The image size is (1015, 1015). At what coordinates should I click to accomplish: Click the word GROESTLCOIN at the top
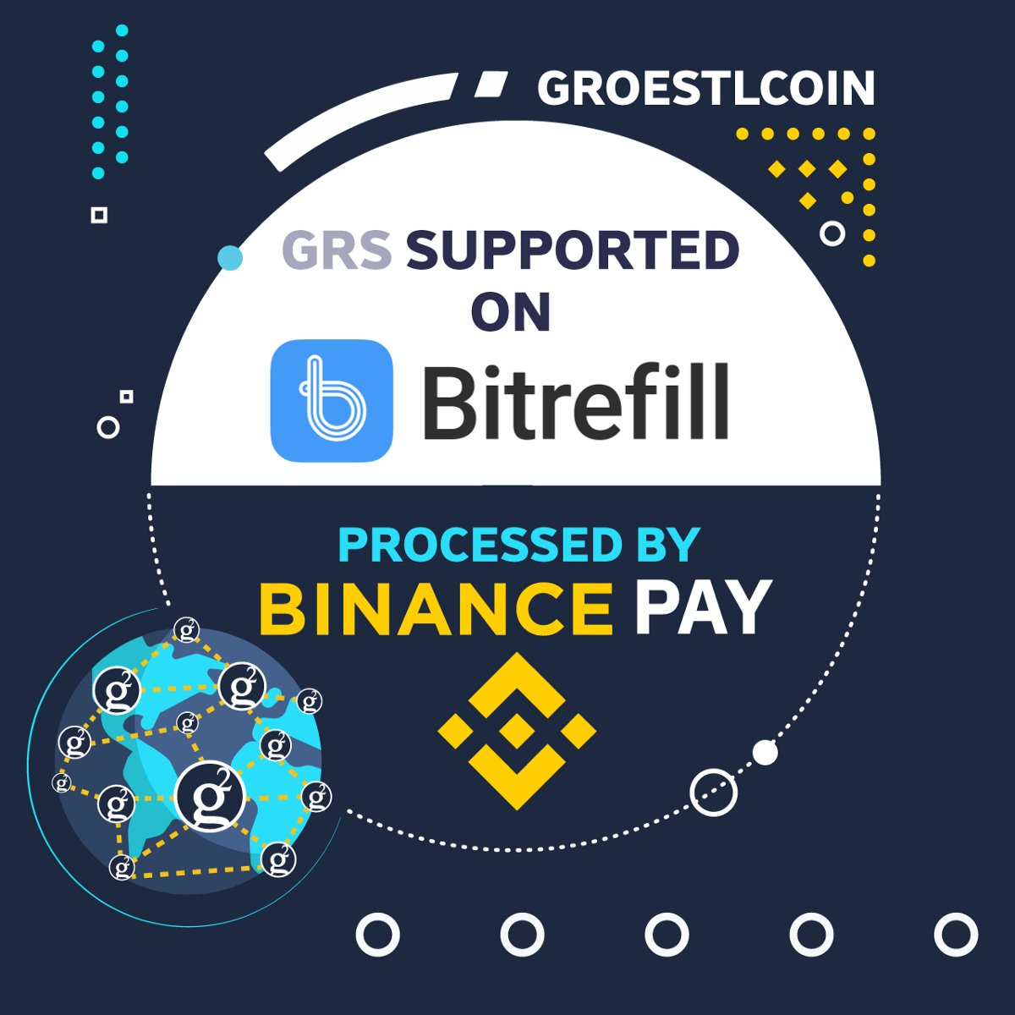(x=705, y=88)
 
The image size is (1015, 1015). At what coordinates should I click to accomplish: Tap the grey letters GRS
(x=336, y=250)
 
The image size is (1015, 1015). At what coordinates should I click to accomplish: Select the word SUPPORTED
(x=572, y=250)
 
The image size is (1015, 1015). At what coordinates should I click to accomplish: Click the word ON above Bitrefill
(x=511, y=311)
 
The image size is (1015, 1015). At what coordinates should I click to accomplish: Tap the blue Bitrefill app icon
(x=332, y=400)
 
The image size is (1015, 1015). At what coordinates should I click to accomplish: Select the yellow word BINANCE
(x=436, y=607)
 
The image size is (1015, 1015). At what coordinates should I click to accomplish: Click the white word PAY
(x=702, y=607)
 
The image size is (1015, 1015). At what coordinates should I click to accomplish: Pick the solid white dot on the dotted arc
(x=765, y=752)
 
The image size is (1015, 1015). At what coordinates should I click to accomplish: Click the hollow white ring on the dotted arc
(x=713, y=793)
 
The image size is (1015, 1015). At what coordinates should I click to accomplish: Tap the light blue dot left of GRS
(x=230, y=258)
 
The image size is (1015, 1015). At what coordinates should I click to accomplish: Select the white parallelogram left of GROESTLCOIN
(x=491, y=85)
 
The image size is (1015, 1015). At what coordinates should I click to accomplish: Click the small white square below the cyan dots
(x=99, y=215)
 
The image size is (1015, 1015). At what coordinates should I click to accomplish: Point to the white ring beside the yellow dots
(x=832, y=233)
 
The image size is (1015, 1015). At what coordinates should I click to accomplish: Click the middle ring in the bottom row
(x=667, y=935)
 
